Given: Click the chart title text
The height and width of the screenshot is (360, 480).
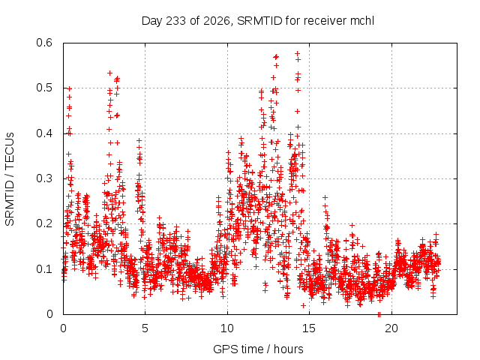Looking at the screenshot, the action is pos(258,21).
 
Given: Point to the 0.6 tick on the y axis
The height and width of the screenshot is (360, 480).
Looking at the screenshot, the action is pos(44,43).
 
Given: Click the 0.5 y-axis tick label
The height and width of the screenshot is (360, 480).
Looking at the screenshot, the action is pos(44,88).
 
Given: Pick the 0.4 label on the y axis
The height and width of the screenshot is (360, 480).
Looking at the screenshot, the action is pos(44,133).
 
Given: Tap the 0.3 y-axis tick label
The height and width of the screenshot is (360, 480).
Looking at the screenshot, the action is pos(44,178).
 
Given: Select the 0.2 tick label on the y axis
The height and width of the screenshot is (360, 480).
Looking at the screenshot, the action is pos(44,223).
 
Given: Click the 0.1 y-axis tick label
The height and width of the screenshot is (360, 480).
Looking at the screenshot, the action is pos(44,269).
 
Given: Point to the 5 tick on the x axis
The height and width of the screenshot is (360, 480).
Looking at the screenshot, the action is pos(145,328).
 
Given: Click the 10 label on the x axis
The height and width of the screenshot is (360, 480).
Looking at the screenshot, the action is pos(227,328).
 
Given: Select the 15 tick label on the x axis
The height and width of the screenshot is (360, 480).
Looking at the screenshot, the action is pos(309,328).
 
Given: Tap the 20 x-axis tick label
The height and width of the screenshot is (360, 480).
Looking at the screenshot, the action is pos(391,328).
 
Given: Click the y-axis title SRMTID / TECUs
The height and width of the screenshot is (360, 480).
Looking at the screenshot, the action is pos(10,179).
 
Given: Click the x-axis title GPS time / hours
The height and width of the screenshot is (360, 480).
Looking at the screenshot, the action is pos(258,349).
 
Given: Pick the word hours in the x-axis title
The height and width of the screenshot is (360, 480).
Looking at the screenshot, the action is pos(288,349).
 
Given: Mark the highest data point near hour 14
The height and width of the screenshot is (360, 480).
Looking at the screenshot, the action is pos(297,53).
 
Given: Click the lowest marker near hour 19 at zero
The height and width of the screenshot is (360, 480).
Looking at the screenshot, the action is pos(379,315).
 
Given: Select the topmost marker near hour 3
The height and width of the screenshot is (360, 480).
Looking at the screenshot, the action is pos(110,73).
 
